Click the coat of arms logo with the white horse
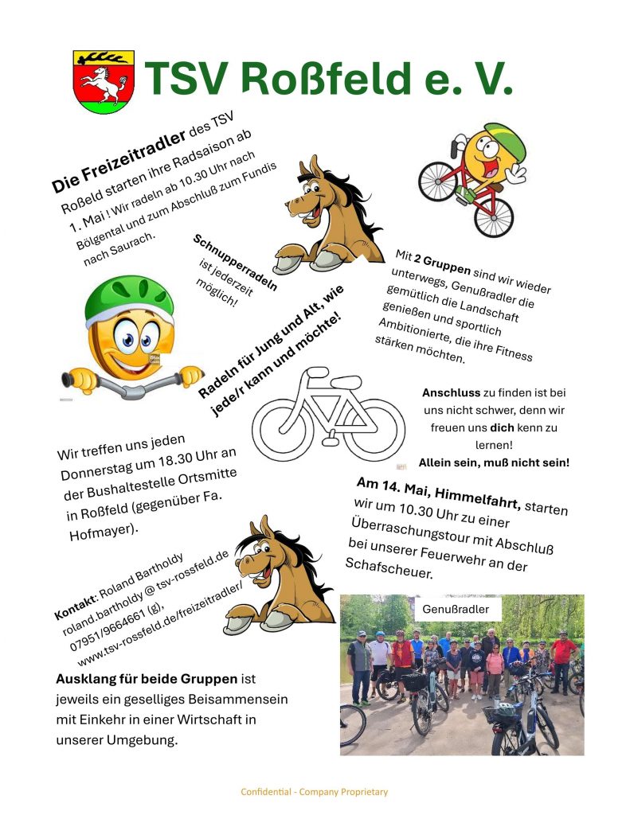click(104, 81)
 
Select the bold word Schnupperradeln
click(235, 262)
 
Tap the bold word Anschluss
click(450, 393)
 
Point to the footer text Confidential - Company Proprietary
click(315, 792)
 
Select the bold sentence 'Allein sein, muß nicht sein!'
click(494, 462)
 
